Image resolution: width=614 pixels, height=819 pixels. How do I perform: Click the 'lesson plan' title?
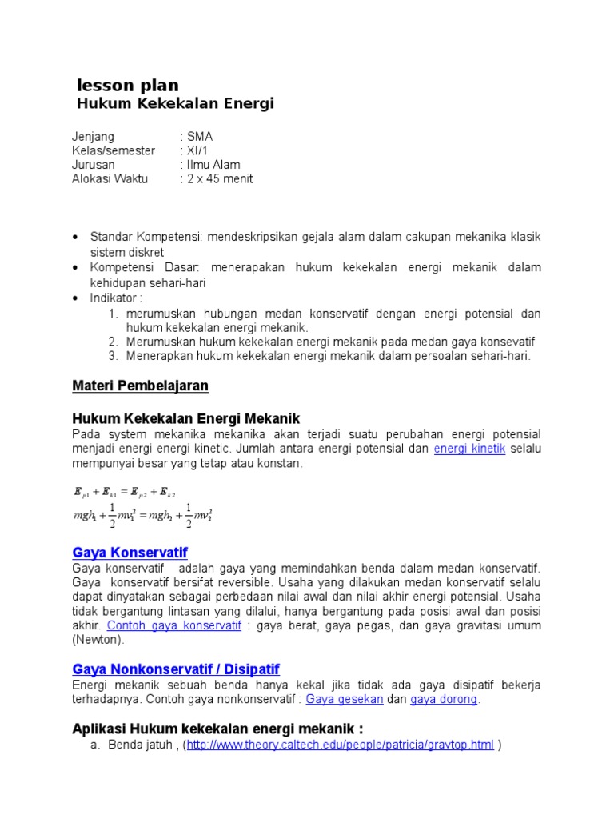coord(127,86)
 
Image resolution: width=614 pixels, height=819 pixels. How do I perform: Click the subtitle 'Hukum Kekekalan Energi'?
coord(174,104)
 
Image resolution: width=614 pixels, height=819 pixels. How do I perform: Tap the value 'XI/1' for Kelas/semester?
coord(197,151)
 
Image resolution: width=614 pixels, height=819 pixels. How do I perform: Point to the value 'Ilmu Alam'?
coord(213,165)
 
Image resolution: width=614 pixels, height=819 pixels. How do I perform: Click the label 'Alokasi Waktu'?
coord(110,178)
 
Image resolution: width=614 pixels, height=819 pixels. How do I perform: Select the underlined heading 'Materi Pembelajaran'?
coord(140,386)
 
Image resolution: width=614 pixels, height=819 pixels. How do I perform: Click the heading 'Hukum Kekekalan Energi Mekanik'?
coord(185,418)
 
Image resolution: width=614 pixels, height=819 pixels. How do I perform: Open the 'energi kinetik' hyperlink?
coord(469,449)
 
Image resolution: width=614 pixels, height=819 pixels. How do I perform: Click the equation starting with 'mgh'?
coord(142,517)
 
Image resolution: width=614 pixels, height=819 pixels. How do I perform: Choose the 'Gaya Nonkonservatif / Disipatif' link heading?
coord(176,669)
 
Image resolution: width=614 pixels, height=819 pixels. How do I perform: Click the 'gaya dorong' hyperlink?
coord(444,700)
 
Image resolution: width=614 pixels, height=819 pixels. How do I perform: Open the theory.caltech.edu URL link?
coord(340,745)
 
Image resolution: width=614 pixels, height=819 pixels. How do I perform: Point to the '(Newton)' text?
coord(98,640)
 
